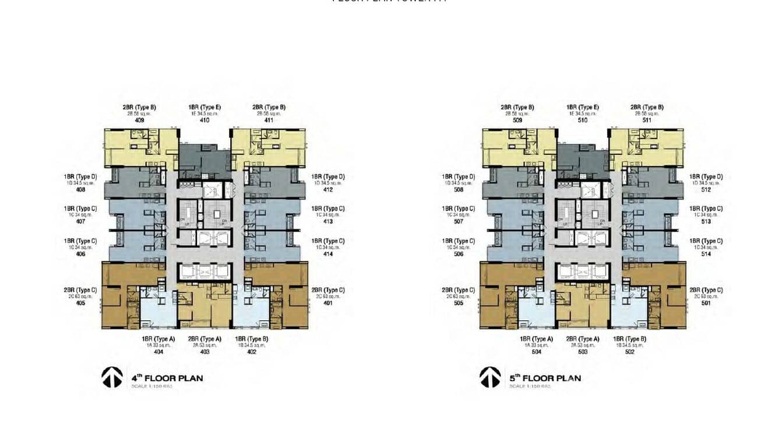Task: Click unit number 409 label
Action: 139,121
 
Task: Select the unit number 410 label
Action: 205,121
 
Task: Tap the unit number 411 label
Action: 269,121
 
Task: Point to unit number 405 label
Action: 80,303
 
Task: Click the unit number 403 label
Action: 205,352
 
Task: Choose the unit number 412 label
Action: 328,190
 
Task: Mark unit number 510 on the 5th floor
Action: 583,121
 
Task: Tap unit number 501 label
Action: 706,303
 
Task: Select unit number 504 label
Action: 537,352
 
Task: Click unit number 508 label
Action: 459,190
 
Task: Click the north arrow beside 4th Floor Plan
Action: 112,377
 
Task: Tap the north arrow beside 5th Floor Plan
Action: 490,377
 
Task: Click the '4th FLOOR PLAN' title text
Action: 167,378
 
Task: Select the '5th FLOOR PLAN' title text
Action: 545,378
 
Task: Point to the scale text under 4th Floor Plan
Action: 152,387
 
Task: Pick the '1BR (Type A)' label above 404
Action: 158,339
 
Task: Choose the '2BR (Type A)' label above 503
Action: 583,339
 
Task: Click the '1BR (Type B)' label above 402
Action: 252,339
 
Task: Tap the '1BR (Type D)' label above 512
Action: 706,176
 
